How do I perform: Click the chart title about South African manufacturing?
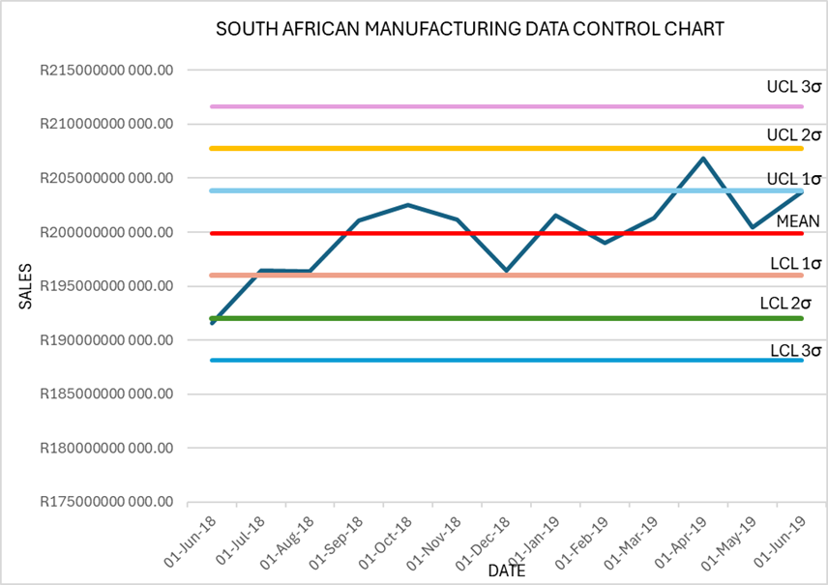(x=469, y=30)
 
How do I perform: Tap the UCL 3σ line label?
(x=793, y=87)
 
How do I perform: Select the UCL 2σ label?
(x=793, y=134)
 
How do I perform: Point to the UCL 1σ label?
(x=793, y=179)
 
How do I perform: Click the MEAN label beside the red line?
(x=798, y=221)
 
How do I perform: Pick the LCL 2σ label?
(x=785, y=304)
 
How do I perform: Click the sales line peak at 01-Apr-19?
(x=703, y=158)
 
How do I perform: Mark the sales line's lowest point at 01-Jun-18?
(x=211, y=323)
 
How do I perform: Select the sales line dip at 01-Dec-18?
(x=506, y=272)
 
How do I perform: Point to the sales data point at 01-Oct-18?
(x=407, y=205)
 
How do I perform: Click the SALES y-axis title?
(x=26, y=286)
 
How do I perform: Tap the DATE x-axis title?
(x=506, y=571)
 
